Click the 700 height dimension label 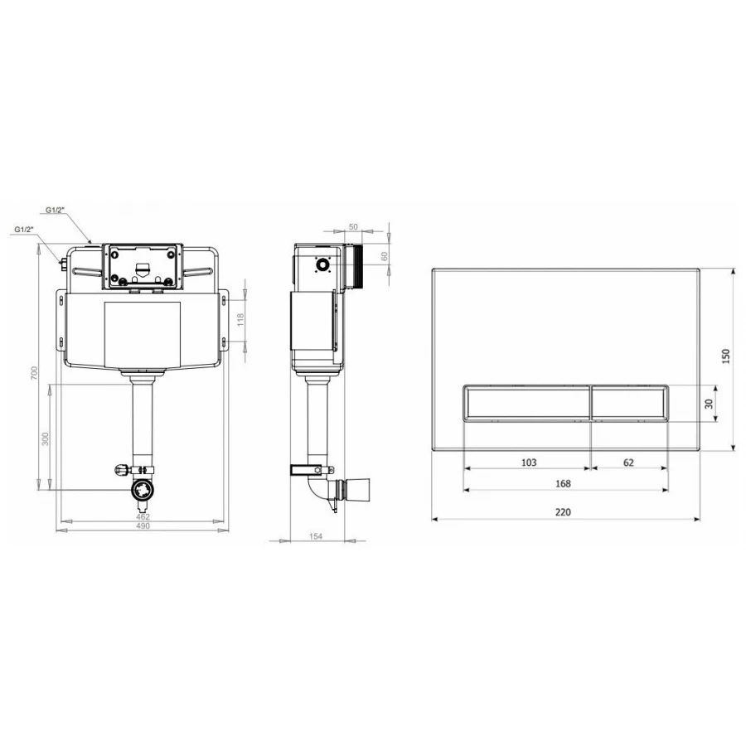34,372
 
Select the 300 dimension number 46,438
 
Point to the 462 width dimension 143,516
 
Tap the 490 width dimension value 143,526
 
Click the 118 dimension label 240,319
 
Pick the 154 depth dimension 316,536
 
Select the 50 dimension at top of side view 353,227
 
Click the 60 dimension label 385,256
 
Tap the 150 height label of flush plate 725,356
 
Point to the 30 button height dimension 709,404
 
